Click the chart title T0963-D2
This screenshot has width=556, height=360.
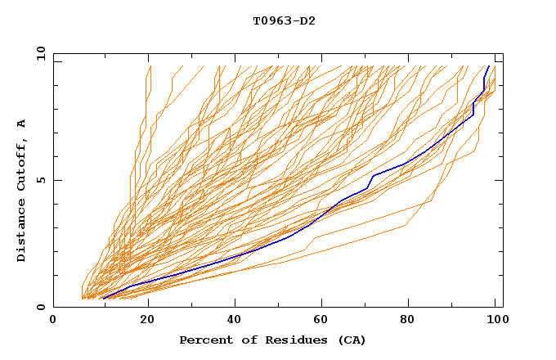(284, 20)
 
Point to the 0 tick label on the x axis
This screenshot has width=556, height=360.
(53, 320)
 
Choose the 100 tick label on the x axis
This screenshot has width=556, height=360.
(495, 320)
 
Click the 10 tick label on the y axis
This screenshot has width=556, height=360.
(41, 53)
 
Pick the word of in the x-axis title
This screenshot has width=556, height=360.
(246, 340)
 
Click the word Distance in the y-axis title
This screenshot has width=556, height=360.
(21, 230)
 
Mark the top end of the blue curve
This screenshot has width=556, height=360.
(489, 66)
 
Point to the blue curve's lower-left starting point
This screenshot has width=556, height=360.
(103, 298)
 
